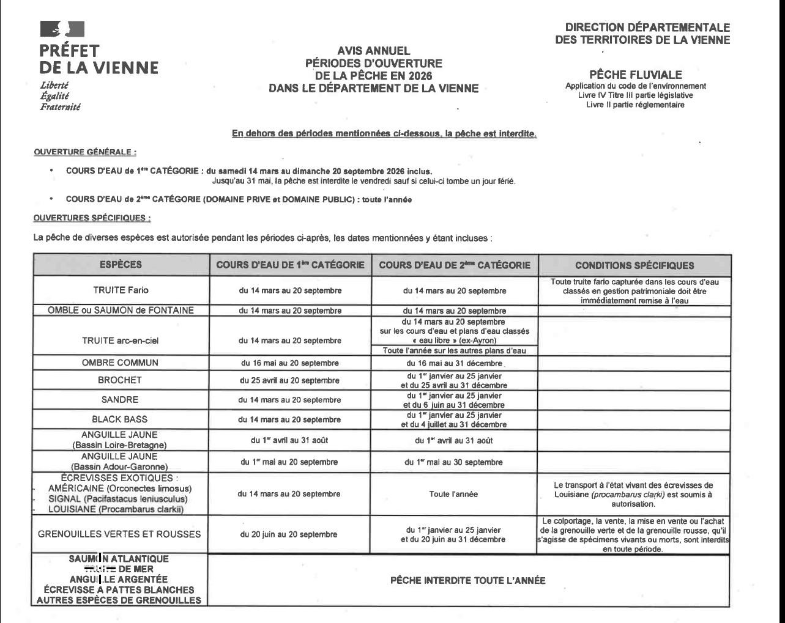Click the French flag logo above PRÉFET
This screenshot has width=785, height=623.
click(x=62, y=29)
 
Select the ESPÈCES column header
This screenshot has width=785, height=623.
click(x=121, y=265)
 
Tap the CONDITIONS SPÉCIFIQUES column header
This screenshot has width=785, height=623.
click(x=634, y=265)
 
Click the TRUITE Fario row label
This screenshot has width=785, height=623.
click(x=121, y=290)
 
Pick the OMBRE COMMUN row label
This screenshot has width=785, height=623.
click(x=120, y=363)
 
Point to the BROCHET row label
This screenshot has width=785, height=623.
click(x=120, y=380)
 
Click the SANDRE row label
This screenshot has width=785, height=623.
click(x=120, y=400)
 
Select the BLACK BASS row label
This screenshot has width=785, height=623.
click(x=120, y=419)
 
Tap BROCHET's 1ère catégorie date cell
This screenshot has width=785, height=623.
click(x=289, y=380)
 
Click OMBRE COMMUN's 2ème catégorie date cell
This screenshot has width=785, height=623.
click(x=454, y=363)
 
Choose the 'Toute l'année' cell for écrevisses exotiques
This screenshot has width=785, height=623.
click(x=454, y=494)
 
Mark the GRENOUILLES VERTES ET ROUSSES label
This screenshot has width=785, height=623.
click(x=119, y=534)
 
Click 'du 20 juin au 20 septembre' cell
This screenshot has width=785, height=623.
click(x=289, y=534)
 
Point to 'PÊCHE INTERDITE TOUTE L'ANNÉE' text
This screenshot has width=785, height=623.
click(x=467, y=580)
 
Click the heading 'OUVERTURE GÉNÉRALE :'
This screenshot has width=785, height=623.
click(x=85, y=152)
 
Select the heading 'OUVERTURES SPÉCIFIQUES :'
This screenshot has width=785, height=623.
click(x=92, y=218)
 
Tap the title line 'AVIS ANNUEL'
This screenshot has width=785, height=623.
click(x=374, y=51)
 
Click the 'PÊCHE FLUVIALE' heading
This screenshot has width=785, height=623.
click(x=635, y=75)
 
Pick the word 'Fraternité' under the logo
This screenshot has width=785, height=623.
click(x=60, y=107)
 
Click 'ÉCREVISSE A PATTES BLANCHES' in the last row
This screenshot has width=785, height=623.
click(x=119, y=590)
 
